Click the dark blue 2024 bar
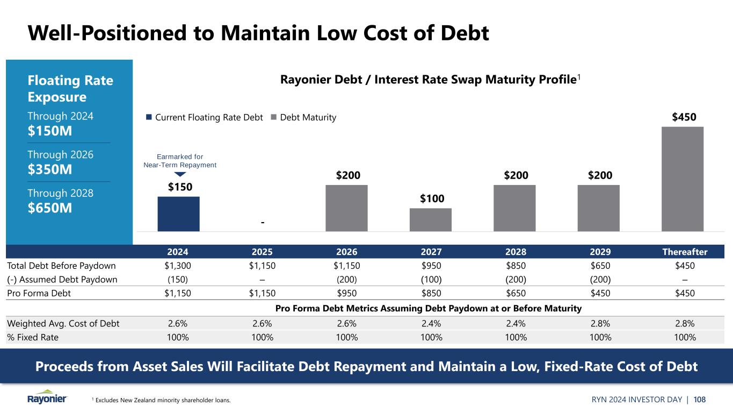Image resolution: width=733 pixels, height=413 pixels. tap(178, 213)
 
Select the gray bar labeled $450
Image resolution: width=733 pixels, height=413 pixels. tap(682, 179)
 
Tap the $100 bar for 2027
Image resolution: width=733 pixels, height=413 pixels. tap(430, 219)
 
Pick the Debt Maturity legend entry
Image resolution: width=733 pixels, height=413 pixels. tap(304, 117)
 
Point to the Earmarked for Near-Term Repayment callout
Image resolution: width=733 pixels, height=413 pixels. tap(180, 161)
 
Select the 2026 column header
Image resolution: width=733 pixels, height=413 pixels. tap(346, 252)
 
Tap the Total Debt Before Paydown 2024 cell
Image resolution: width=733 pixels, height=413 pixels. tap(178, 265)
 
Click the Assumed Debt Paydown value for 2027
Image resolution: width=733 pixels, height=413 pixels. tap(431, 279)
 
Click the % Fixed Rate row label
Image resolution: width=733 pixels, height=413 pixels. tap(32, 337)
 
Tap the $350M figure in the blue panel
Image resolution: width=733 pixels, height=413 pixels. tap(49, 169)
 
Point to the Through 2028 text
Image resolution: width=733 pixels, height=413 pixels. tap(60, 193)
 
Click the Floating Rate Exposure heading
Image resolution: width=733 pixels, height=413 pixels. tap(70, 89)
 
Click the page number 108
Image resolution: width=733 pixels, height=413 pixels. tap(699, 399)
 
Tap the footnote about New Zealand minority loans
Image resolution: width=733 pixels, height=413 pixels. tap(161, 400)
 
